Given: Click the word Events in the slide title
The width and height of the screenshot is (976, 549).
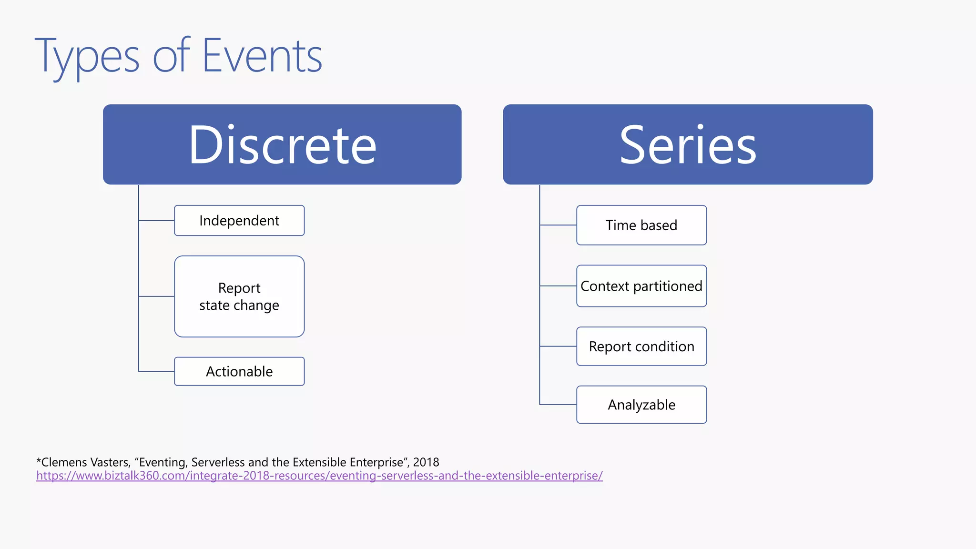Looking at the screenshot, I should [x=262, y=56].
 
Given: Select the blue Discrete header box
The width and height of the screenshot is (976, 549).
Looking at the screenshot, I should [x=282, y=144].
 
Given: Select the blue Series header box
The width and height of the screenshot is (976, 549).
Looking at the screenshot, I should [x=688, y=144].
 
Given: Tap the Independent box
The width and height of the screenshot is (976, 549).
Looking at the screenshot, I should [x=239, y=221].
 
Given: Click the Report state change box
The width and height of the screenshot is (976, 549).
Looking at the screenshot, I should [x=239, y=296].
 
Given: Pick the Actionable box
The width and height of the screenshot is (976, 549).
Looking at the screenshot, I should [x=239, y=371].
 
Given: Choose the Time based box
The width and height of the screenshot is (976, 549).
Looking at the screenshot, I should [x=641, y=225].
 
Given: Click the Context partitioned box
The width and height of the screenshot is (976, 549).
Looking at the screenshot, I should [x=641, y=286].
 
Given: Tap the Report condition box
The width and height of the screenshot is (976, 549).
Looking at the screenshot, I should [x=641, y=346].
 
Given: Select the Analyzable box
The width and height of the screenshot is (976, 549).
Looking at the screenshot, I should [x=641, y=405].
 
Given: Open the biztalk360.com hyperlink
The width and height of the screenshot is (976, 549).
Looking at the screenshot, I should [x=319, y=476].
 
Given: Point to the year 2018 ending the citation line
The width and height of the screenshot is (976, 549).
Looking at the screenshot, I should [x=426, y=462].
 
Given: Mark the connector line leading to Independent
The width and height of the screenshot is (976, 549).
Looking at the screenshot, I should [x=156, y=221].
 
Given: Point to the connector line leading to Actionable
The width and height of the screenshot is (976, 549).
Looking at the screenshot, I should [x=156, y=371].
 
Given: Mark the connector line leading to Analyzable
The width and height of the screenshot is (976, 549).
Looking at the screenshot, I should [x=558, y=405].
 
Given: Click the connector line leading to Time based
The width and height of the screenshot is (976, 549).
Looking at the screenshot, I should [x=558, y=225].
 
